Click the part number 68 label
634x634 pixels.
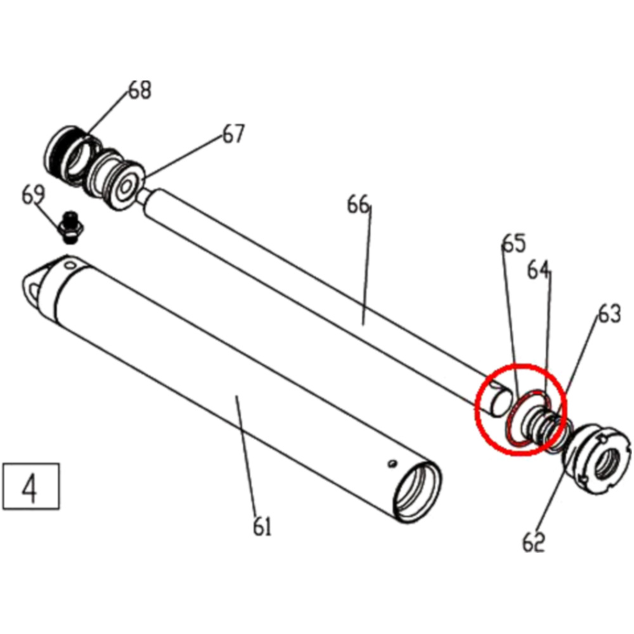pyautogui.click(x=140, y=90)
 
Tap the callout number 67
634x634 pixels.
pyautogui.click(x=233, y=134)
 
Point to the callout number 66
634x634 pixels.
pyautogui.click(x=358, y=205)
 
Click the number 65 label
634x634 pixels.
pyautogui.click(x=514, y=243)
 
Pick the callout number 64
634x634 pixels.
pyautogui.click(x=539, y=270)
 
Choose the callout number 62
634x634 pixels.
pyautogui.click(x=534, y=542)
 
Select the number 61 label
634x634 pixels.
pyautogui.click(x=261, y=526)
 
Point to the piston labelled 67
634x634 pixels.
pyautogui.click(x=120, y=184)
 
